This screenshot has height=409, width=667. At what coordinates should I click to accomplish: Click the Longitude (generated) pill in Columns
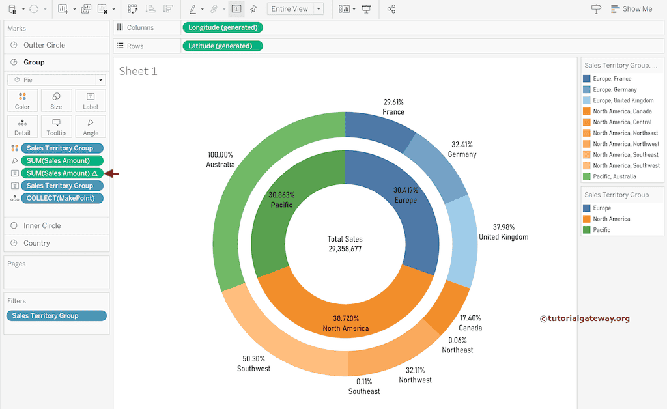point(223,27)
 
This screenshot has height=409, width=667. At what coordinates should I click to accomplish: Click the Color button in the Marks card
point(22,100)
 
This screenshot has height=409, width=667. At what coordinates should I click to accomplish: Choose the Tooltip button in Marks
point(56,126)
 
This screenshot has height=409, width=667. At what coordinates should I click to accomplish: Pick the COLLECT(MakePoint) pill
point(62,198)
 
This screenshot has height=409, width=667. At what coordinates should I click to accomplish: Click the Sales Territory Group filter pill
point(56,316)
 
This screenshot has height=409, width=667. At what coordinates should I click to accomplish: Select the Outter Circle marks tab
point(44,45)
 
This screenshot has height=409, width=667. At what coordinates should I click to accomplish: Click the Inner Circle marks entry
point(42,225)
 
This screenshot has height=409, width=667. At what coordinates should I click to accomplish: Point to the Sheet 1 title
point(138,71)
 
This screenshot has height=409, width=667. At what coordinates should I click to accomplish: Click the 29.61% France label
point(393,107)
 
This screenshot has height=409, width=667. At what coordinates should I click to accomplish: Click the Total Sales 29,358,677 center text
point(345,244)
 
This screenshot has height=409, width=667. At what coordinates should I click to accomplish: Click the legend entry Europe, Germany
point(614,90)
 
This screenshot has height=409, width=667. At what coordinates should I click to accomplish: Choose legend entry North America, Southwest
point(625,165)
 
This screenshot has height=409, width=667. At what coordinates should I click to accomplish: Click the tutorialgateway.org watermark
point(584,318)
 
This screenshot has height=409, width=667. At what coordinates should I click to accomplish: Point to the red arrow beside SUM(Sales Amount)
point(113,173)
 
